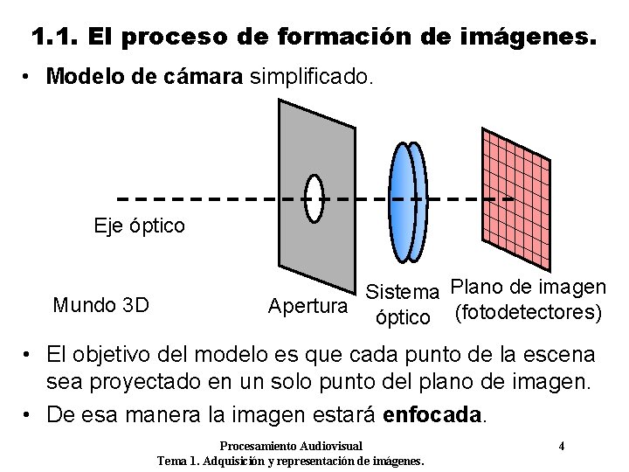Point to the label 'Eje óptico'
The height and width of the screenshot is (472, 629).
[140, 226]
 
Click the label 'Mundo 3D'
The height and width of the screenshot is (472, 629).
[100, 305]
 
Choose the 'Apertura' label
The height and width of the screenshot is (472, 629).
[307, 307]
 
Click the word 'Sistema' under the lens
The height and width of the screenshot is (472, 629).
[404, 290]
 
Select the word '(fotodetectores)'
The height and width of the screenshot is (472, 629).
[528, 311]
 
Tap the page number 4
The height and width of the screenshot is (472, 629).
[562, 446]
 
